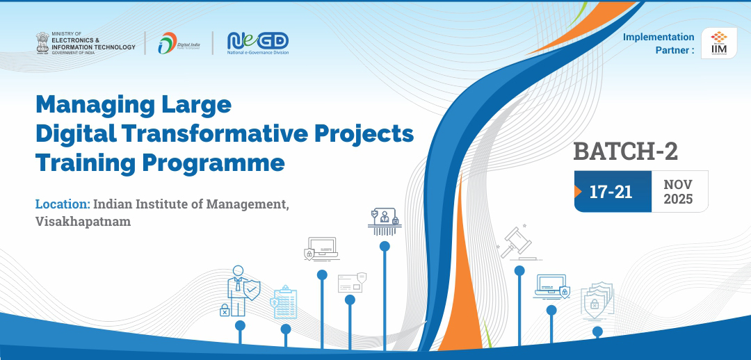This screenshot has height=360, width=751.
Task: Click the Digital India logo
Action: (179, 43)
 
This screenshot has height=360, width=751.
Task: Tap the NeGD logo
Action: (257, 42)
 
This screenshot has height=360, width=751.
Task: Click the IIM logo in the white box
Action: (719, 43)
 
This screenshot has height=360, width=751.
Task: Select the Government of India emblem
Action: (43, 43)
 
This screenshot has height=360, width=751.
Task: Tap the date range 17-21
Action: (611, 192)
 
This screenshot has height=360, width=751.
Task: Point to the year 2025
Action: (677, 199)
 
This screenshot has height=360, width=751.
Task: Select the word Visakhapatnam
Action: (83, 221)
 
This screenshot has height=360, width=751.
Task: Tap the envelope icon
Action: (350, 283)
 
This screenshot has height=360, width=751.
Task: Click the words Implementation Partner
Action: (658, 43)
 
